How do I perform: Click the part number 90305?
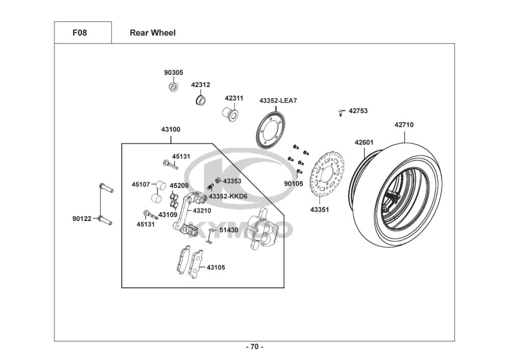coord(173,73)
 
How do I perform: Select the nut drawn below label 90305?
coord(173,87)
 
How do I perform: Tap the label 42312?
coord(201,85)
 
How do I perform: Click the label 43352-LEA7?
coord(278,101)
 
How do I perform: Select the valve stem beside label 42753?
coord(341,112)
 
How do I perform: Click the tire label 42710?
coord(404,124)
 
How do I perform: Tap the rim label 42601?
coord(364,143)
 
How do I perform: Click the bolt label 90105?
coord(293,183)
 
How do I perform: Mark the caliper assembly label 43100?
coord(171,129)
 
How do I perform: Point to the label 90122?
coord(81,219)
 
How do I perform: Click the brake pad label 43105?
coord(216,267)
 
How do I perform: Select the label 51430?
coord(229,230)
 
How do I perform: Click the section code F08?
coord(80,33)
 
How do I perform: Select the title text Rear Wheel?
coord(153,33)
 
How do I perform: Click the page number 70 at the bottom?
coord(254,347)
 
